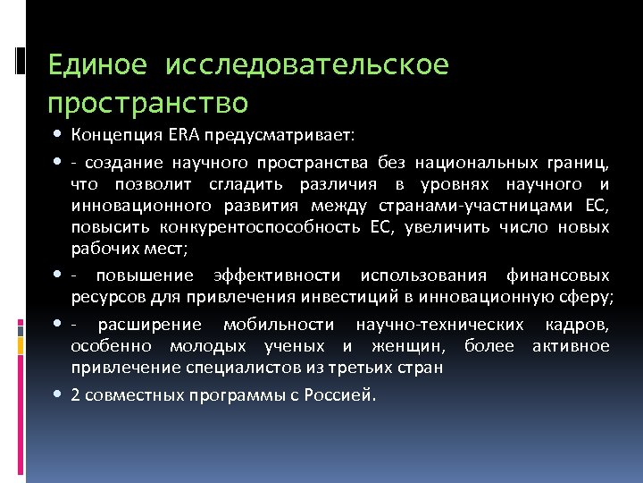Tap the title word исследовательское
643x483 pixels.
coord(306,64)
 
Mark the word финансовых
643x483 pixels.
coord(557,275)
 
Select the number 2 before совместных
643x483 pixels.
coord(76,394)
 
